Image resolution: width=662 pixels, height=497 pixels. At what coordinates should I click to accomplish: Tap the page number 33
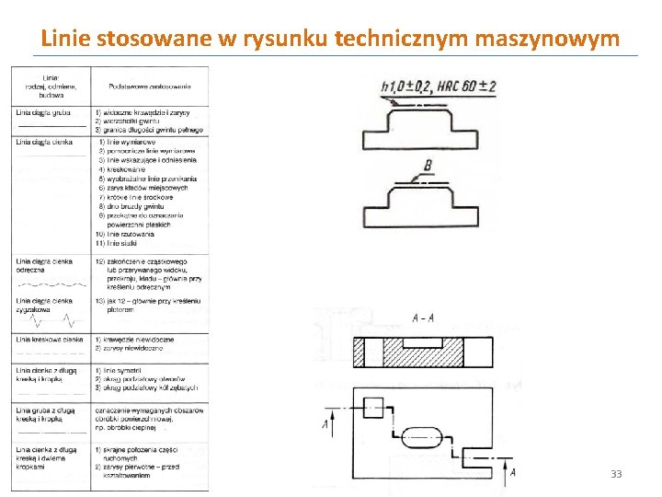[616, 474]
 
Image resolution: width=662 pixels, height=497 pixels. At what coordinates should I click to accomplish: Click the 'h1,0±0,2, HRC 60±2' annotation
[439, 87]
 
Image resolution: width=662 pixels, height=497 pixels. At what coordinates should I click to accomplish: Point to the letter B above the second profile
[428, 166]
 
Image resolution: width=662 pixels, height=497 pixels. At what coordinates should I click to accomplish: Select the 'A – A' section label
[424, 318]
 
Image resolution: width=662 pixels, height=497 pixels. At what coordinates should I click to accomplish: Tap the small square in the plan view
[372, 408]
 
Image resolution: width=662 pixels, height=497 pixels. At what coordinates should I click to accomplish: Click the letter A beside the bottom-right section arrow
[513, 471]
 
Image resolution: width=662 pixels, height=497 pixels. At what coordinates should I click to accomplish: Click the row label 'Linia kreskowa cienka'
[49, 340]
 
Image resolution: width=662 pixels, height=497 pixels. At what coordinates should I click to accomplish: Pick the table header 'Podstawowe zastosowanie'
[149, 87]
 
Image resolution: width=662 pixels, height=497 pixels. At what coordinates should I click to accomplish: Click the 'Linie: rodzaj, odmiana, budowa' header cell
[51, 86]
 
